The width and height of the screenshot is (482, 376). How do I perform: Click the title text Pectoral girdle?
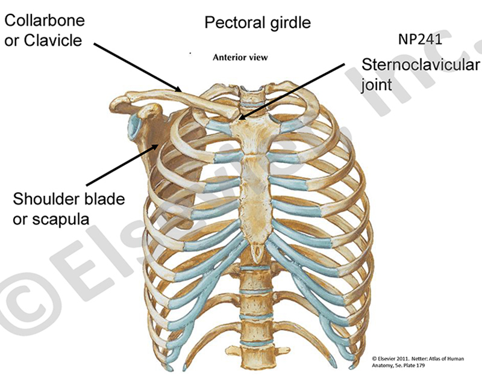point(257,23)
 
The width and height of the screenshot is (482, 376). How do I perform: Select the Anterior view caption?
point(239,58)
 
